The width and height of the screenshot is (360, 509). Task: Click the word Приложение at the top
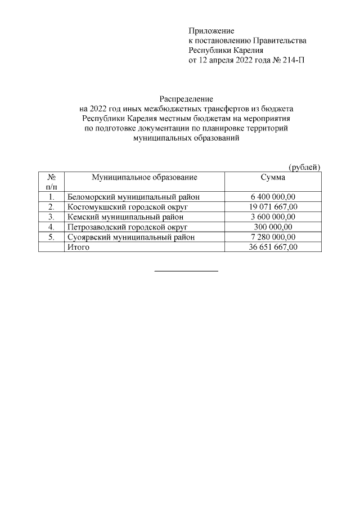[x=211, y=30]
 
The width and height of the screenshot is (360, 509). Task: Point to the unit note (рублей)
[x=304, y=167]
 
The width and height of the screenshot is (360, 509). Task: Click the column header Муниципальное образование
[x=145, y=178]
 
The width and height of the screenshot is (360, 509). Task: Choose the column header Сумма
[x=273, y=178]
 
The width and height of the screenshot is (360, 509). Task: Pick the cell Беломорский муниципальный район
[x=133, y=197]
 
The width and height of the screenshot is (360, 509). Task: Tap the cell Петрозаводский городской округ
[x=127, y=227]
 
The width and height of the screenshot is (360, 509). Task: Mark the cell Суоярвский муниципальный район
[x=131, y=237]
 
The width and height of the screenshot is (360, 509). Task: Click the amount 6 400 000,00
[x=273, y=197]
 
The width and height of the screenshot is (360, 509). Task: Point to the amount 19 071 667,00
[x=273, y=207]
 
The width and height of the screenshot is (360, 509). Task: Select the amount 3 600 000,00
[x=273, y=217]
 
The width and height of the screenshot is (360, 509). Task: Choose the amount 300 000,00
[x=273, y=227]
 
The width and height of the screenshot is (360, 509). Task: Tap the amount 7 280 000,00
[x=273, y=237]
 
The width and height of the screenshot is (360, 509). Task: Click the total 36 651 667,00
[x=273, y=247]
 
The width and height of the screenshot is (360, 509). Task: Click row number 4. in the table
[x=51, y=227]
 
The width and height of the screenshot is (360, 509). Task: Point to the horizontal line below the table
[x=186, y=272]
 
